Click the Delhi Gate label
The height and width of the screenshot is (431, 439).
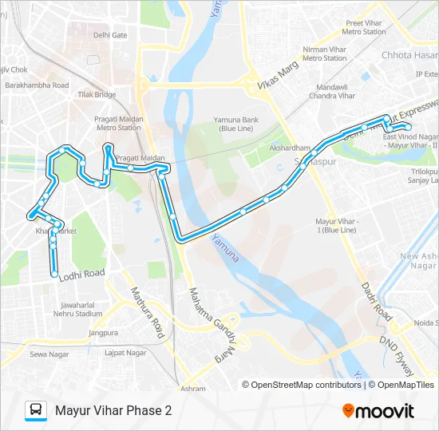(110, 36)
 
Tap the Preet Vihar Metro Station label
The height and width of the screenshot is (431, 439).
(364, 28)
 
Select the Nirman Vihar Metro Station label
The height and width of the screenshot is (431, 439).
(324, 53)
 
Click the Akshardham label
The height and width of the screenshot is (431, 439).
(289, 148)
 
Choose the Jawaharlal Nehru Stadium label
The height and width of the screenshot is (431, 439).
(81, 309)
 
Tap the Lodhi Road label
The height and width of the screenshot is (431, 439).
(82, 274)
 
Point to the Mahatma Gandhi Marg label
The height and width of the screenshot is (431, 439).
(212, 318)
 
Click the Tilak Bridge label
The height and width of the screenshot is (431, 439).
(97, 94)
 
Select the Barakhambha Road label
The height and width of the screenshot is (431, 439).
(37, 85)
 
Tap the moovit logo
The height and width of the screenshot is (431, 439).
(378, 411)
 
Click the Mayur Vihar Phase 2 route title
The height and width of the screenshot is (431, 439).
(113, 411)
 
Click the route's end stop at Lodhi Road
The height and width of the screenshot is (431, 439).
(54, 275)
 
